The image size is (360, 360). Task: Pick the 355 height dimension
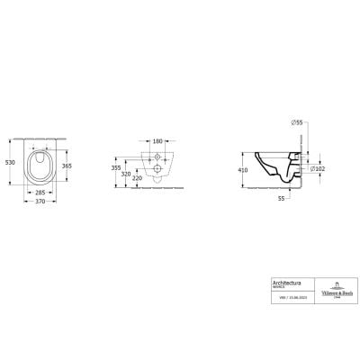pyautogui.click(x=115, y=166)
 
